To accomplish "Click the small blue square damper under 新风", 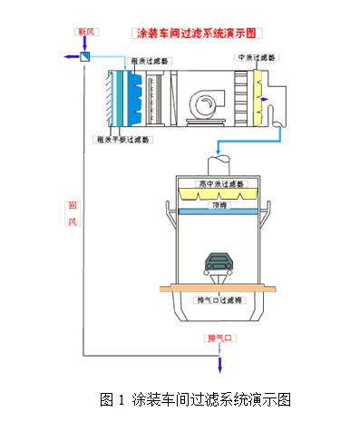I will (84, 57).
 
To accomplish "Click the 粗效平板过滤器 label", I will (123, 140).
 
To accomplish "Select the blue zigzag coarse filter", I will (132, 95).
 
